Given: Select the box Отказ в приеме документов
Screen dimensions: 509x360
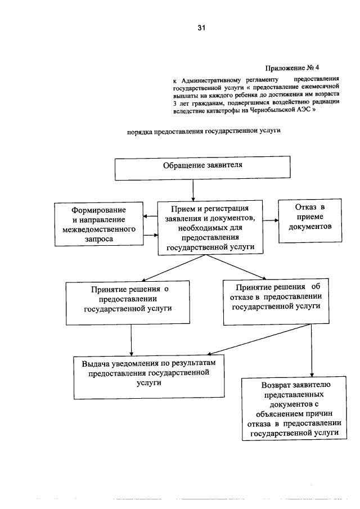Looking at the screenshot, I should click(x=306, y=221).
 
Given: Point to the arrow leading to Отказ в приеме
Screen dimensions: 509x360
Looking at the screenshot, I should click(x=269, y=220).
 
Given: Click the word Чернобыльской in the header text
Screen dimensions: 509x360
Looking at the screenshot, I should click(x=279, y=111).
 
